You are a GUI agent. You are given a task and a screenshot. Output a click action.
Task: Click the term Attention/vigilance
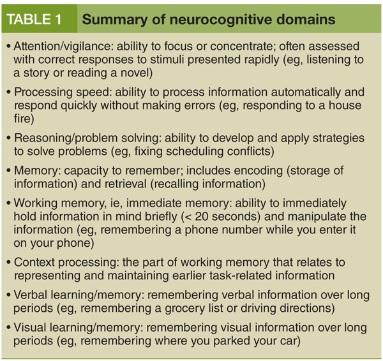(59, 47)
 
